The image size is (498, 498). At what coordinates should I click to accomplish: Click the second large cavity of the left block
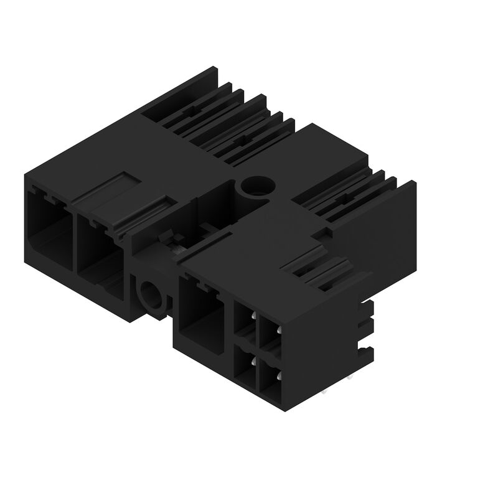(x=100, y=249)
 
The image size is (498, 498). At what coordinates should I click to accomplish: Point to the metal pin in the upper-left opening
(x=253, y=316)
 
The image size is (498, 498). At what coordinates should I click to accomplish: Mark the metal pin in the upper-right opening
(x=278, y=327)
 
